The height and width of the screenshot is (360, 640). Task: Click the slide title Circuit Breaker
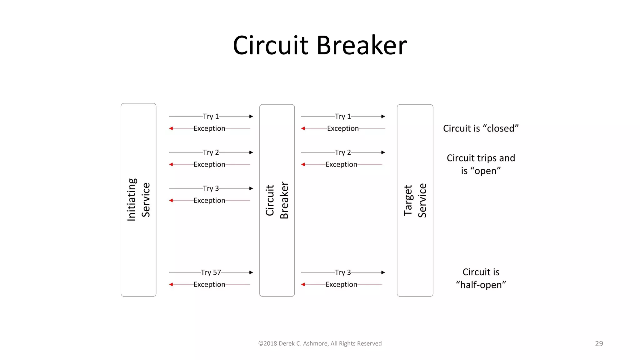[320, 46]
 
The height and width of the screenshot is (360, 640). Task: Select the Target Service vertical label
[415, 200]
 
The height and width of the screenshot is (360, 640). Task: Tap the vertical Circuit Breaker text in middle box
[277, 200]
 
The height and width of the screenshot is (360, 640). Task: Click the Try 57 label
[211, 272]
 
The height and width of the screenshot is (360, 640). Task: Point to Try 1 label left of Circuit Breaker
[211, 117]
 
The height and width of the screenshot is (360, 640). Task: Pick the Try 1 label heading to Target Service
[343, 117]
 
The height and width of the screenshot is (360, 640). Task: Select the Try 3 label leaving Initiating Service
[211, 188]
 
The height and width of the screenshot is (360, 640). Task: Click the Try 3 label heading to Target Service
[343, 272]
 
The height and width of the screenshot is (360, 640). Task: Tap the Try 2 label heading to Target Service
[343, 152]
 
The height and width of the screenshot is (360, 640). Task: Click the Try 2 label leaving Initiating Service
[211, 152]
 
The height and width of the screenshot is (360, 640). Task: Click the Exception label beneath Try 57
[209, 285]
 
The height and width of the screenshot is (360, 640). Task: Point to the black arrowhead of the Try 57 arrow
[251, 272]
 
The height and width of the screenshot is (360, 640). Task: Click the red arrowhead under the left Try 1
[171, 128]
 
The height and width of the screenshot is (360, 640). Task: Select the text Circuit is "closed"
[481, 128]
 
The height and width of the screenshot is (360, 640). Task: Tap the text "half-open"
[481, 285]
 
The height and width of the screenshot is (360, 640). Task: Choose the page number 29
[599, 343]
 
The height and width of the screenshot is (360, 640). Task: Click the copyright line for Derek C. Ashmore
[320, 343]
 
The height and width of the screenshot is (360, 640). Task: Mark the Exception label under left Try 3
[209, 201]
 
